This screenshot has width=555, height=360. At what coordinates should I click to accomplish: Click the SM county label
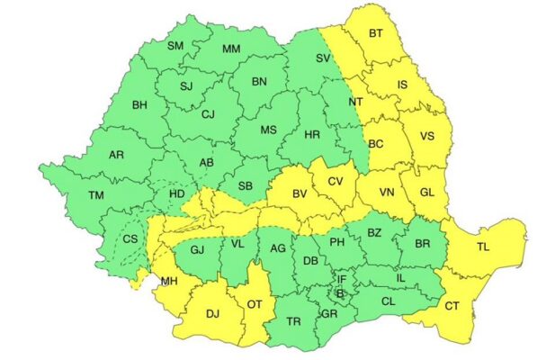click(x=176, y=46)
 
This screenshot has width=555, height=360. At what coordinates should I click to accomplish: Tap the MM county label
click(x=231, y=49)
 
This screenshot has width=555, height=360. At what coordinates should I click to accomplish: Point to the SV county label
click(x=323, y=58)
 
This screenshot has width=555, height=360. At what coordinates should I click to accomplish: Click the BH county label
click(x=139, y=106)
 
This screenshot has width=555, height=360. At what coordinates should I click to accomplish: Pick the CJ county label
click(x=208, y=114)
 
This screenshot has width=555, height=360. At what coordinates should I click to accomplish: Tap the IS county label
click(x=403, y=85)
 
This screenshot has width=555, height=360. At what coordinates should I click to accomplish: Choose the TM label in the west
click(x=96, y=195)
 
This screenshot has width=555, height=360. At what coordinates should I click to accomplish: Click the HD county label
click(x=176, y=193)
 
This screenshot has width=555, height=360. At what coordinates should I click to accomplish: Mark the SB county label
click(x=244, y=186)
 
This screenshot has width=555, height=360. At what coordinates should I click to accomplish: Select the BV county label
click(x=300, y=193)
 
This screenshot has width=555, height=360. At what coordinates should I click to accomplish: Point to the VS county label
click(x=428, y=137)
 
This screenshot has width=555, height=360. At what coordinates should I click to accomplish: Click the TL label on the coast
click(x=484, y=246)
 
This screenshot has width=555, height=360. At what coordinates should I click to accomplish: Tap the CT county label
click(x=451, y=306)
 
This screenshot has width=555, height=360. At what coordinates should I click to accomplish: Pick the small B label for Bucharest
click(x=339, y=293)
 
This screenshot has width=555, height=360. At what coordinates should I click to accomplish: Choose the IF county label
click(x=341, y=280)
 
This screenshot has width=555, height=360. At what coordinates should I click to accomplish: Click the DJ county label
click(x=212, y=314)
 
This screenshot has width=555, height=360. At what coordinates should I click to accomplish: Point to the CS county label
click(x=130, y=238)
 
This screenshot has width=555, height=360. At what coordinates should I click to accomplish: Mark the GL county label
click(x=426, y=193)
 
